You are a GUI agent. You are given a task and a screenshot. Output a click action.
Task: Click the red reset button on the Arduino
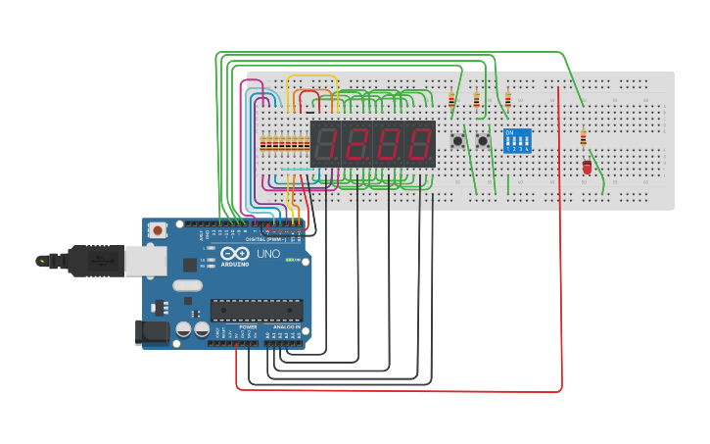tap(158, 230)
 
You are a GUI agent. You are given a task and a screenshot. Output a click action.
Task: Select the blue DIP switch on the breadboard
tap(517, 140)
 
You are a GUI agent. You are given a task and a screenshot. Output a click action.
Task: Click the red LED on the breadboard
tap(587, 168)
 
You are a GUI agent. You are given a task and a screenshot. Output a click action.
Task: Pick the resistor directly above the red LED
tap(584, 137)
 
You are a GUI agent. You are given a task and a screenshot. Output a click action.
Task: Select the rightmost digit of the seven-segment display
tap(419, 144)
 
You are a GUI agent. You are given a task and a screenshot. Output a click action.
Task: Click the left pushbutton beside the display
tap(457, 141)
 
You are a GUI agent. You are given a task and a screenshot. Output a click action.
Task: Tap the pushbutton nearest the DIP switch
tap(483, 141)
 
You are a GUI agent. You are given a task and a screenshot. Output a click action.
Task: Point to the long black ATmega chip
tap(256, 311)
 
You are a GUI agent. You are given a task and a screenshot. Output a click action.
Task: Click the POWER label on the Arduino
tap(234, 326)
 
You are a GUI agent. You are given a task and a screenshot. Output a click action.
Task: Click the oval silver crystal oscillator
tap(186, 286)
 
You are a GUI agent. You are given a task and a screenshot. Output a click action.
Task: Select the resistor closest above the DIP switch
tap(507, 99)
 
